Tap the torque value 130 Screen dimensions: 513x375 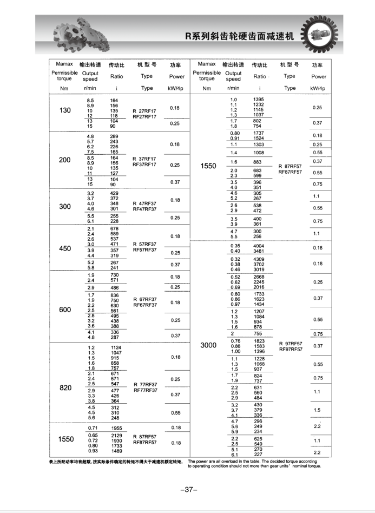(x=65, y=110)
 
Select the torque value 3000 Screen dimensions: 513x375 (x=208, y=345)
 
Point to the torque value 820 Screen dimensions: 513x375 (x=65, y=387)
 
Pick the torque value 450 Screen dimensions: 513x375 (x=65, y=248)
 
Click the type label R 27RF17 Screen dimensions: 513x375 (x=144, y=110)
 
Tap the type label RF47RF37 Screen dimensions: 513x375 (x=144, y=209)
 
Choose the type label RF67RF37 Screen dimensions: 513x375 (x=144, y=305)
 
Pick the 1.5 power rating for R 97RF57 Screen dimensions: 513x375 (x=317, y=410)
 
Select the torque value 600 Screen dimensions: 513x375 (x=65, y=310)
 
